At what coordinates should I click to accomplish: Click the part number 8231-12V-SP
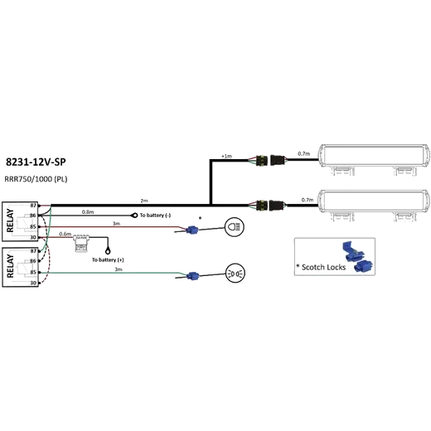[x=36, y=162]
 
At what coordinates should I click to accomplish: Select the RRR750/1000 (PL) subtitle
[x=36, y=179]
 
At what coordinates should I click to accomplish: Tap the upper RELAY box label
[x=10, y=220]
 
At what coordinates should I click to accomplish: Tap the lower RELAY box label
[x=10, y=266]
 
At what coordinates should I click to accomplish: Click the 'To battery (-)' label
[x=155, y=215]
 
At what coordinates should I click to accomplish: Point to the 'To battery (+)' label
[x=108, y=259]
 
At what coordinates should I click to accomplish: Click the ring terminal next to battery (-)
[x=134, y=215]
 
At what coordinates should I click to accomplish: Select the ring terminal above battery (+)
[x=108, y=251]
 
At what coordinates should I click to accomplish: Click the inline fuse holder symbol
[x=81, y=243]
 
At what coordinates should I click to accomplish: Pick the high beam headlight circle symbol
[x=235, y=227]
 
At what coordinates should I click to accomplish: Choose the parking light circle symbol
[x=235, y=274]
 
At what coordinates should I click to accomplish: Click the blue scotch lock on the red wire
[x=191, y=230]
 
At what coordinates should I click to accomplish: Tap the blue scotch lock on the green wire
[x=192, y=276]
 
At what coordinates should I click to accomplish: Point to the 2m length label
[x=144, y=201]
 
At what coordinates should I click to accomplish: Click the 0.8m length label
[x=88, y=212]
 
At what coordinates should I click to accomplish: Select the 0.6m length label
[x=65, y=234]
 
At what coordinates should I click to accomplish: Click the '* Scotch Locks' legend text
[x=321, y=267]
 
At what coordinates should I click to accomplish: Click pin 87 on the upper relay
[x=33, y=206]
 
